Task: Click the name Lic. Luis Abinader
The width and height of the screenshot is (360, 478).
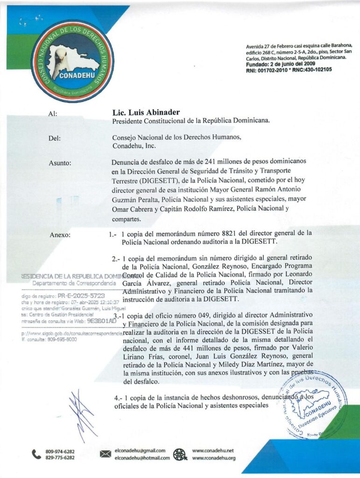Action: (146, 112)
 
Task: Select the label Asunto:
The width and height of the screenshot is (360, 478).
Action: (60, 163)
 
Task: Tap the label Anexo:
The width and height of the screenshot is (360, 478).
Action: (60, 234)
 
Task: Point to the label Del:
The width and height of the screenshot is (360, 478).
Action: (54, 138)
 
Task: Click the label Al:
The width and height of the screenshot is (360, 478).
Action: (53, 113)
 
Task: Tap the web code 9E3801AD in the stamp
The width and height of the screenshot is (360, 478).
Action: (101, 321)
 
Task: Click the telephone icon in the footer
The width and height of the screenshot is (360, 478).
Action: (36, 454)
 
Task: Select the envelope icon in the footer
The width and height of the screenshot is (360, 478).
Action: (106, 454)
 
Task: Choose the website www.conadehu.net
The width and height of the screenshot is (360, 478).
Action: (213, 450)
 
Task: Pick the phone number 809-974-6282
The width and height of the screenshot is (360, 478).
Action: (60, 451)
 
